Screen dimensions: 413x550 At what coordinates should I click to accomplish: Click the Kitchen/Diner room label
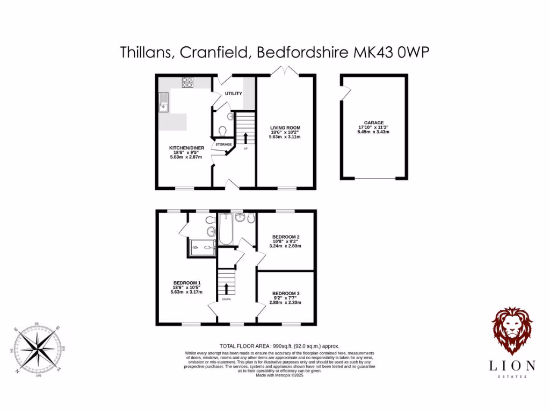[x=186, y=147]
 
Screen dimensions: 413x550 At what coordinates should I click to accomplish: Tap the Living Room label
[x=285, y=128]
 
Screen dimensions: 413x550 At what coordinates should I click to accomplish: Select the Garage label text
[x=373, y=123]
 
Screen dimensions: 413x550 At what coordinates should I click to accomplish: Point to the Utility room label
[x=234, y=94]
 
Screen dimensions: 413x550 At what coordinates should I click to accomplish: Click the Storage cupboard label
[x=223, y=145]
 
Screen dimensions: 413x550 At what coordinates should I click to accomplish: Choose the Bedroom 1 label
[x=186, y=283]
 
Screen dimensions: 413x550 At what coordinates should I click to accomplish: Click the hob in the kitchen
[x=187, y=82]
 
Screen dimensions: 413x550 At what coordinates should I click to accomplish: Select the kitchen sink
[x=163, y=102]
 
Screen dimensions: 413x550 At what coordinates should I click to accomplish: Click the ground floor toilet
[x=223, y=130]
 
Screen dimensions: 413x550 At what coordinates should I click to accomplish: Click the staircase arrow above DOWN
[x=226, y=288]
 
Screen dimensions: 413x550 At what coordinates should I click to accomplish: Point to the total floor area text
[x=279, y=346]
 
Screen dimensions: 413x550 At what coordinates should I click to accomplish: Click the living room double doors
[x=285, y=70]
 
